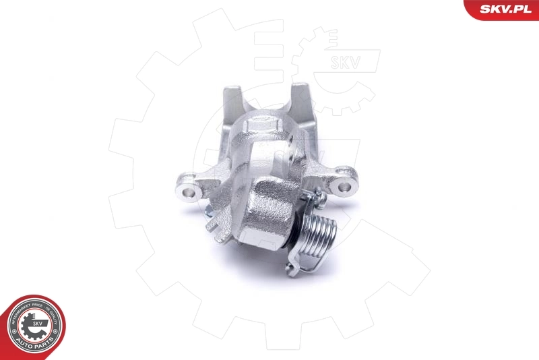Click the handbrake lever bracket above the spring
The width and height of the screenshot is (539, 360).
[x=311, y=196]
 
